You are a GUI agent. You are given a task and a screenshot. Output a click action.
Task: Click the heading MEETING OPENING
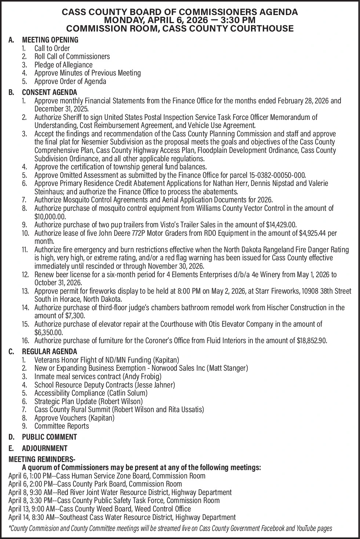pos(50,40)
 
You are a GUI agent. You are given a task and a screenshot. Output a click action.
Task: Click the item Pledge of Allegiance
pos(63,65)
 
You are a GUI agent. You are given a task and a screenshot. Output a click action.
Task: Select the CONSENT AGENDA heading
pos(50,92)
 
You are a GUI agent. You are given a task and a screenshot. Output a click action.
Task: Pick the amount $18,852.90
pos(311,341)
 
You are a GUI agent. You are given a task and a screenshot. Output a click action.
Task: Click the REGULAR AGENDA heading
pos(50,352)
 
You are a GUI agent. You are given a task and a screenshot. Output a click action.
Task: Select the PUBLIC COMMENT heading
pos(50,437)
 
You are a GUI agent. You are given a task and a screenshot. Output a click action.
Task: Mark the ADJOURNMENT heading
pos(45,448)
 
